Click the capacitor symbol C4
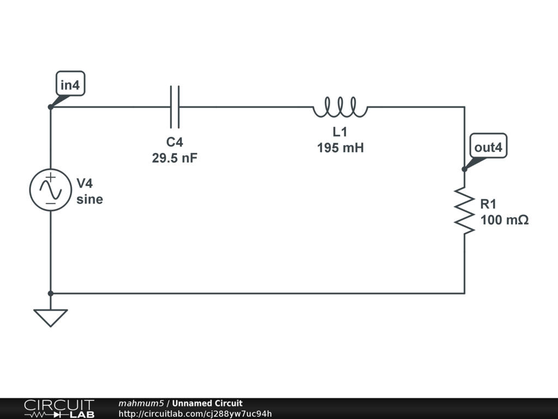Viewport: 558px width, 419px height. click(174, 106)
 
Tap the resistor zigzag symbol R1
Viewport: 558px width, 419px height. click(464, 211)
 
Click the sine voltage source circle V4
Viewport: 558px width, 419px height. click(50, 190)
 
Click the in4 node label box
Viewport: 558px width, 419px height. click(71, 85)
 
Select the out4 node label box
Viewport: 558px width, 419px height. click(488, 147)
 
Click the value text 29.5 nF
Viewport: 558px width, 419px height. click(175, 158)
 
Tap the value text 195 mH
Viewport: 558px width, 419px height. click(340, 147)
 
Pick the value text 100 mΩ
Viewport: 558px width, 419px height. click(505, 220)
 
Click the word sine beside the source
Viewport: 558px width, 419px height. click(89, 200)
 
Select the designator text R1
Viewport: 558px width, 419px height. click(488, 204)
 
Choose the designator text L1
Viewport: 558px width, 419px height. click(340, 131)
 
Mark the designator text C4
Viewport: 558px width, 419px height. click(175, 142)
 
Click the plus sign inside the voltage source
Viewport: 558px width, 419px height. click(50, 177)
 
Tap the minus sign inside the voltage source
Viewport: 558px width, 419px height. click(50, 203)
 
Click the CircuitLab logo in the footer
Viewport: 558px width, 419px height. click(59, 409)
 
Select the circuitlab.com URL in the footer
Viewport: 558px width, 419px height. click(195, 414)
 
